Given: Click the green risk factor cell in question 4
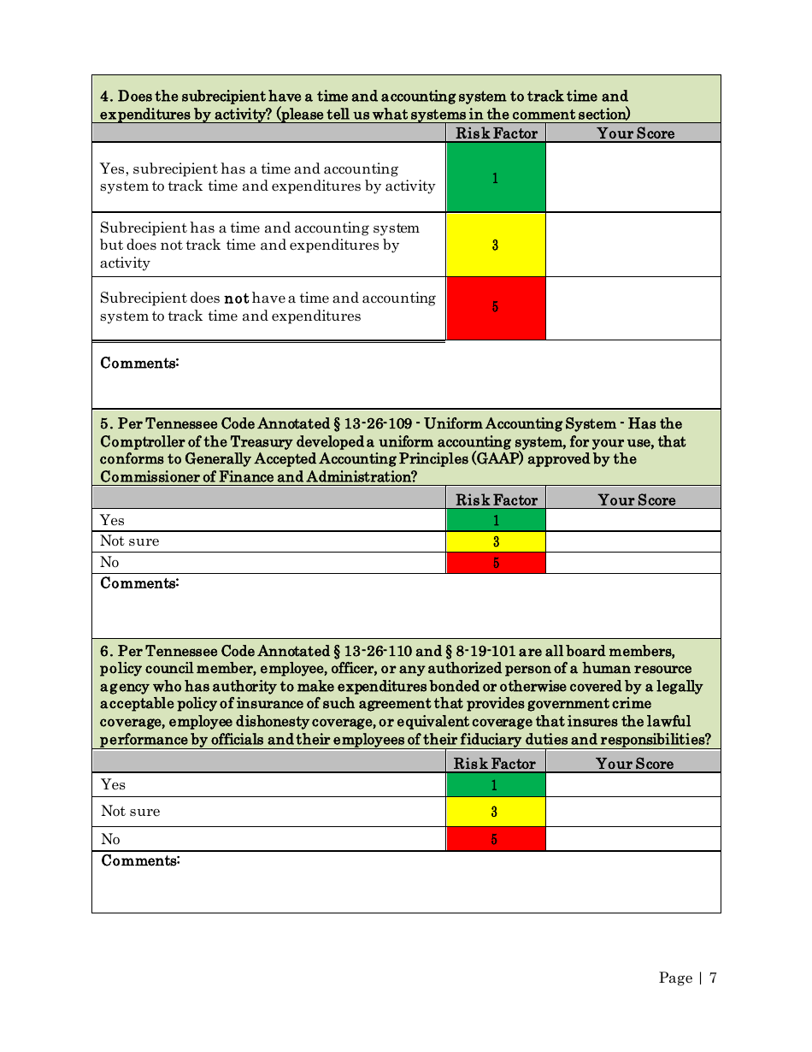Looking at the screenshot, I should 496,178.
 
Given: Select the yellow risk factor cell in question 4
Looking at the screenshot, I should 496,245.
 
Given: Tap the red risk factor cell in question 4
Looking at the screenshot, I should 496,308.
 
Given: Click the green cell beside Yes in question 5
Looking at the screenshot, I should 496,520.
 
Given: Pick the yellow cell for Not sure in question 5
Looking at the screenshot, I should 496,541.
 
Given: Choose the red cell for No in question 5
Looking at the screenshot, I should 496,563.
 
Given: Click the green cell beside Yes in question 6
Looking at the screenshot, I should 496,784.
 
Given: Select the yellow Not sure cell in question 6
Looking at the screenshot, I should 496,812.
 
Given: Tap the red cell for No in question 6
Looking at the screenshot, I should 496,839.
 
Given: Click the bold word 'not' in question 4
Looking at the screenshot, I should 235,298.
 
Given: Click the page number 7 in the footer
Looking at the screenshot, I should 713,978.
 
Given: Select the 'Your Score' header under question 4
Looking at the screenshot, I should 635,133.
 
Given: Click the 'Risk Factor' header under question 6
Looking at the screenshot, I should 495,763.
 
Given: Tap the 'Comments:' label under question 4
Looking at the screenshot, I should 140,363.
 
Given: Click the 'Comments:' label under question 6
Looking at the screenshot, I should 141,860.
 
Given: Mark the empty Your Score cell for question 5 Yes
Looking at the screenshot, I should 633,520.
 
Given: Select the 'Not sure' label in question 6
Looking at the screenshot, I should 131,812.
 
